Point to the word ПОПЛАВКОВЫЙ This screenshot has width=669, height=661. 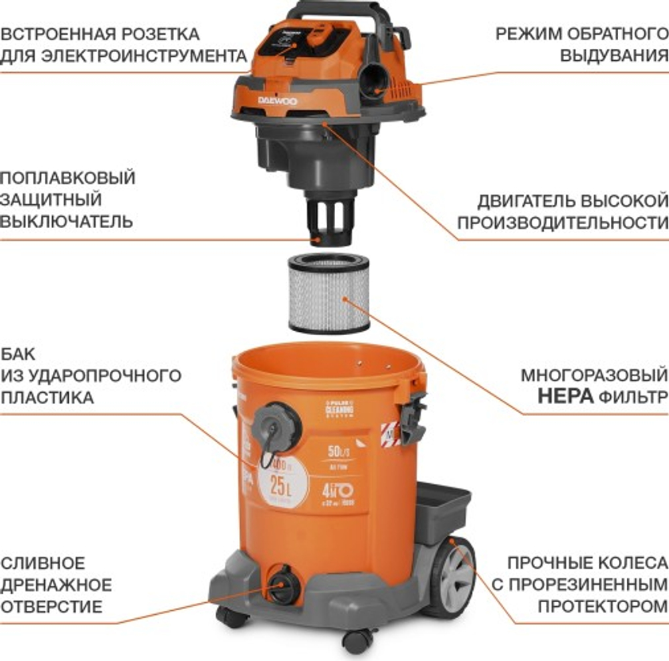coord(68,178)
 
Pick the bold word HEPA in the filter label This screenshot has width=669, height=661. coord(567,396)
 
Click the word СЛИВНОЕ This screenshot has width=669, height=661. coord(43,563)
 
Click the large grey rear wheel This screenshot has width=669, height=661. coord(453,576)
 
